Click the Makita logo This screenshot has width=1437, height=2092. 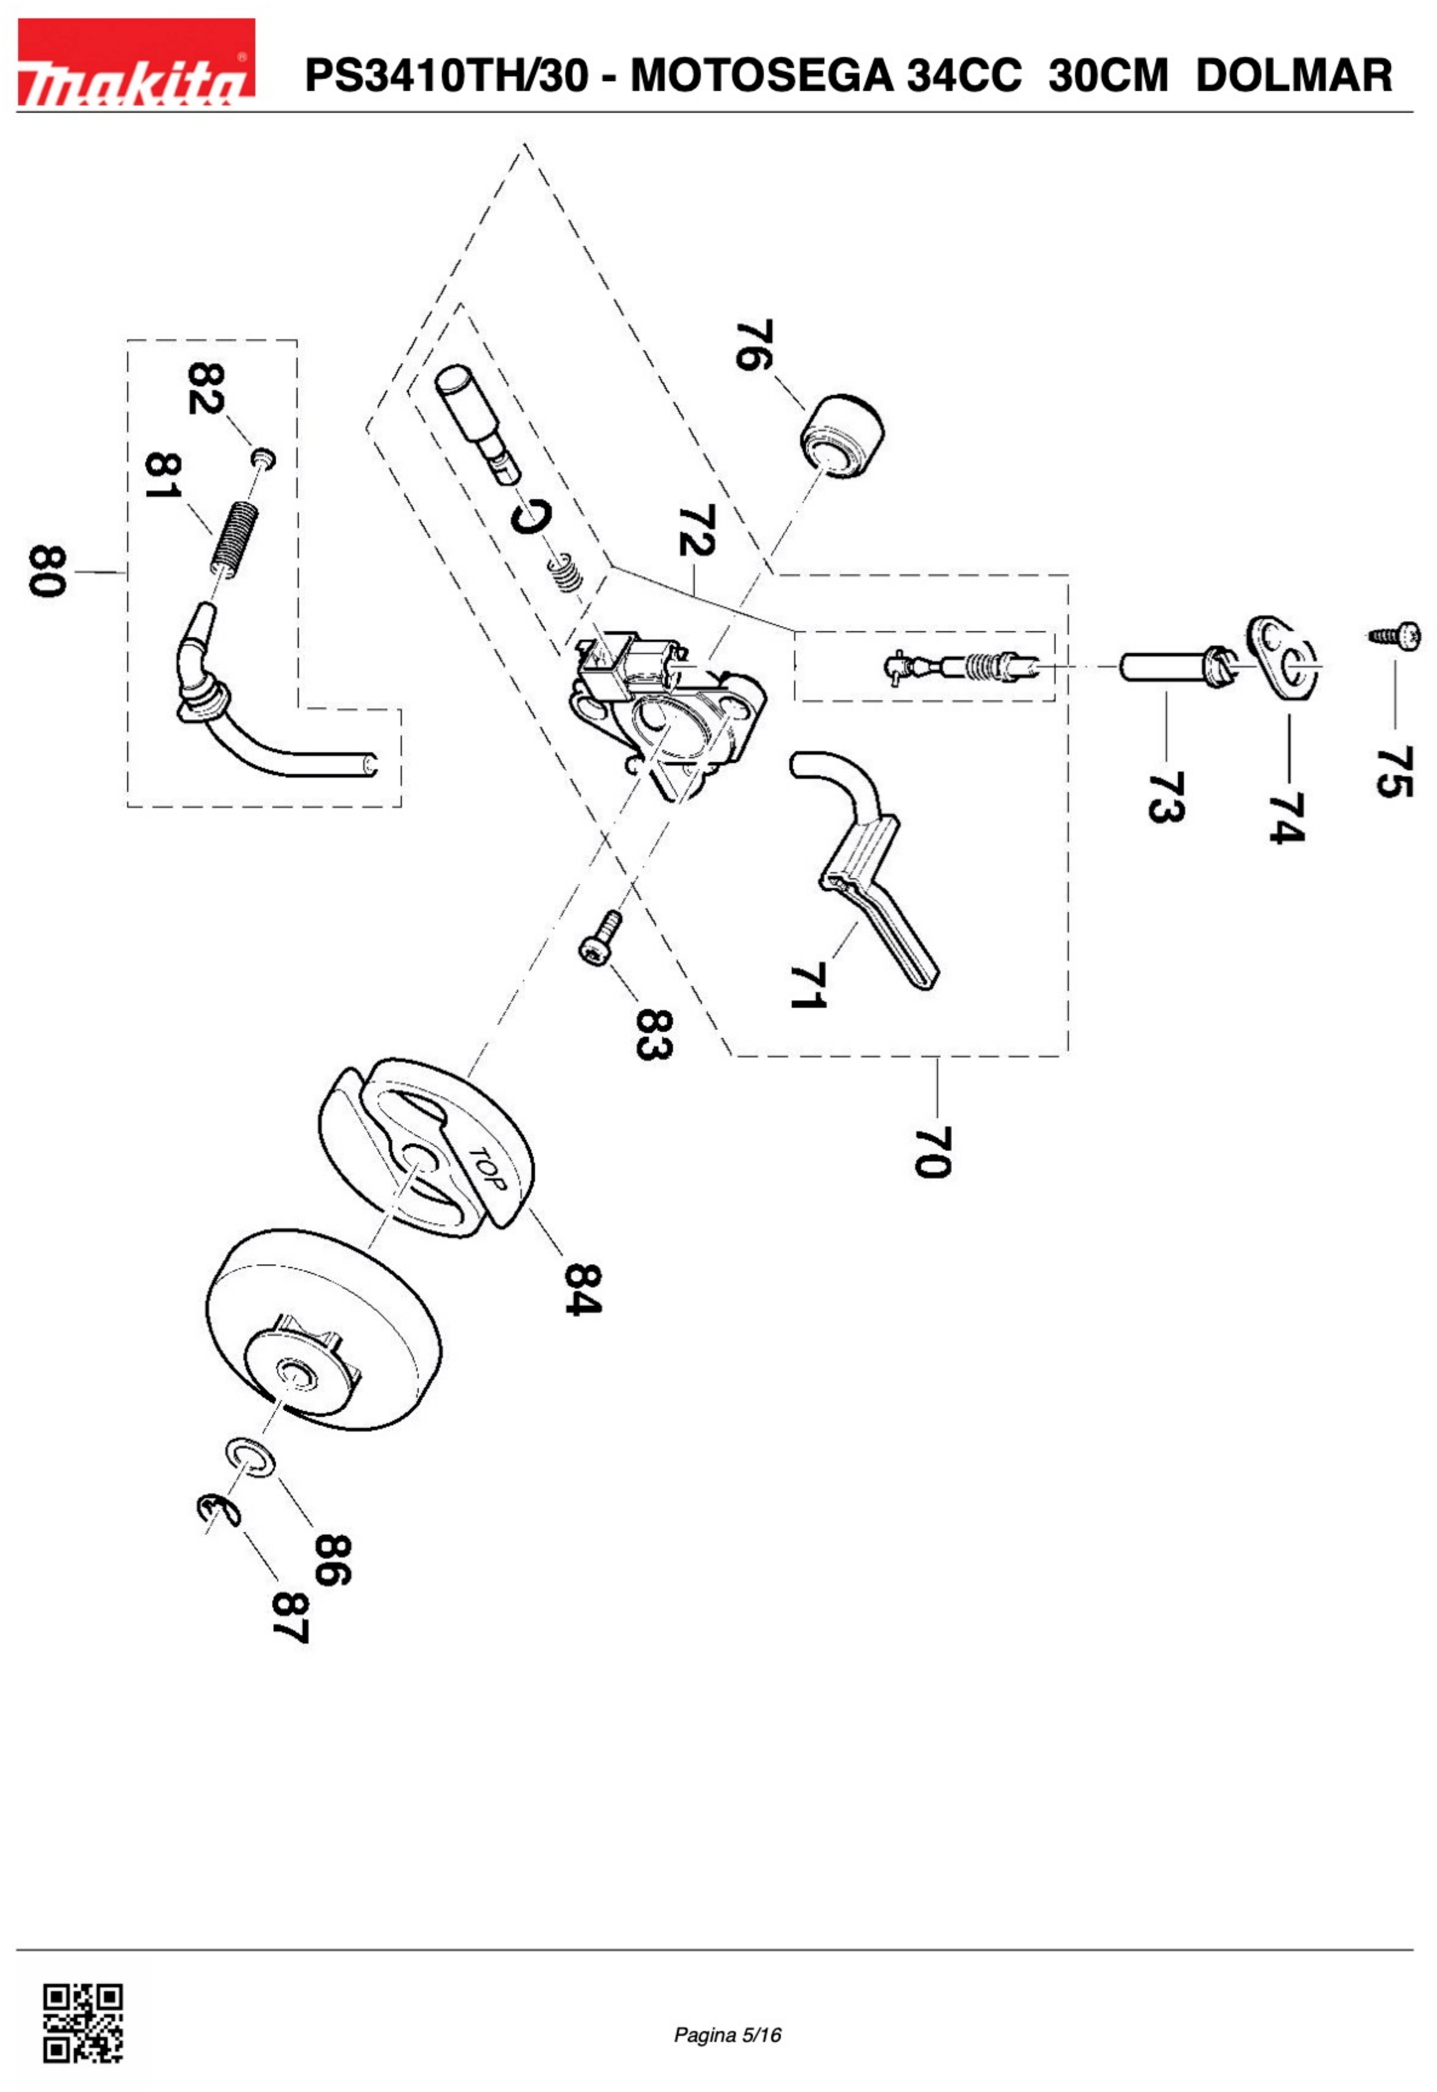[x=136, y=61]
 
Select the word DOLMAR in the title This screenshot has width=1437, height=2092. [x=1294, y=76]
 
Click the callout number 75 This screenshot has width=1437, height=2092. [x=1394, y=771]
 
